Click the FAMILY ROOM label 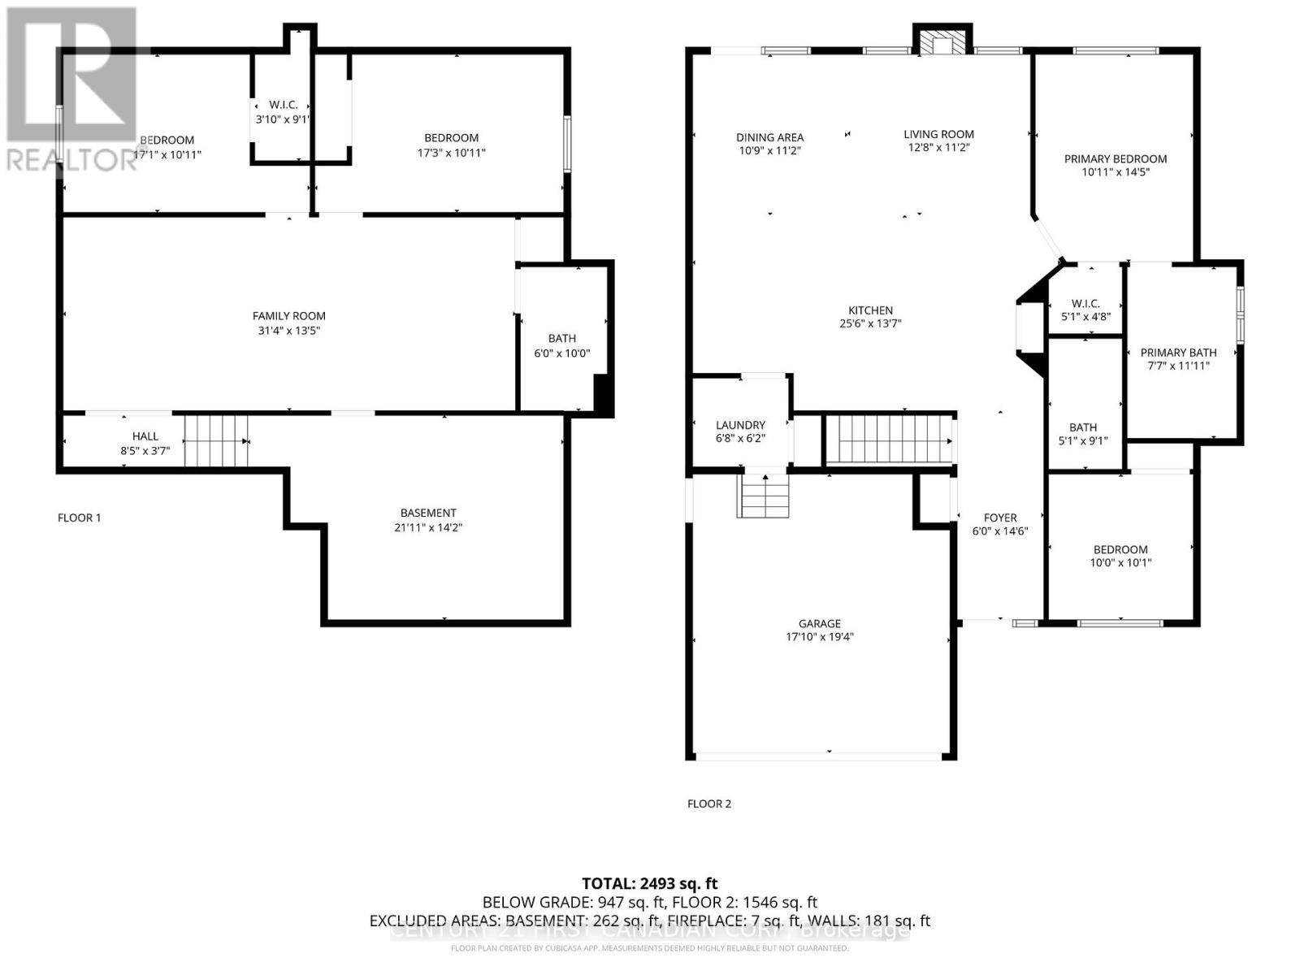click(x=288, y=316)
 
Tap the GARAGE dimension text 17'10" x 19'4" click(x=819, y=638)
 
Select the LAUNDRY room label click(x=740, y=425)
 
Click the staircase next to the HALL click(x=215, y=441)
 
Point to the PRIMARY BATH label click(x=1178, y=353)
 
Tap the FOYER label click(x=1000, y=518)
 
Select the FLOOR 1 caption click(x=80, y=518)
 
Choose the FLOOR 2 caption click(x=709, y=804)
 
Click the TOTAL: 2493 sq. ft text click(x=649, y=883)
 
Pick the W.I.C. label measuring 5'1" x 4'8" click(x=1085, y=303)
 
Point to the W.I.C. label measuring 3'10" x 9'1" click(x=283, y=105)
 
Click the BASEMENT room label click(x=428, y=513)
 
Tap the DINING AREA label click(x=769, y=137)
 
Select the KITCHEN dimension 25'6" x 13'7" click(x=870, y=323)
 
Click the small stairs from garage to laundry click(x=764, y=496)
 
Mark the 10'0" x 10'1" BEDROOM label click(x=1120, y=549)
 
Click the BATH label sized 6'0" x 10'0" click(x=561, y=338)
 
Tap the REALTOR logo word click(x=71, y=159)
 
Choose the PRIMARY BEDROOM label click(x=1115, y=158)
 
